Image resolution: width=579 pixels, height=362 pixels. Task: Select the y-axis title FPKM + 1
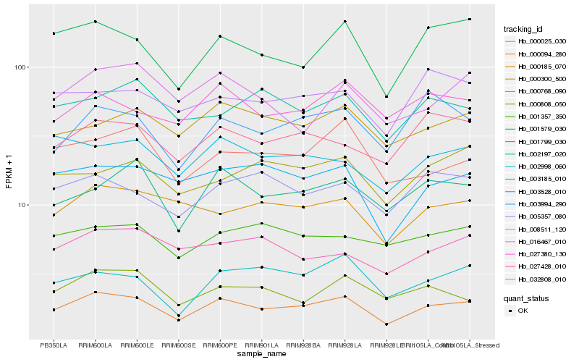coord(9,171)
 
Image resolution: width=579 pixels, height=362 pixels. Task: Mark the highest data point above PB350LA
coord(54,33)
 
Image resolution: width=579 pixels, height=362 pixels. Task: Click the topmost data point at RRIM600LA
coord(95,22)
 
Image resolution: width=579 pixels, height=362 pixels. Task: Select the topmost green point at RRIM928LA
coord(345,22)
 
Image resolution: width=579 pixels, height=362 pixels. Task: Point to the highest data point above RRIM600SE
coord(178,89)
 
